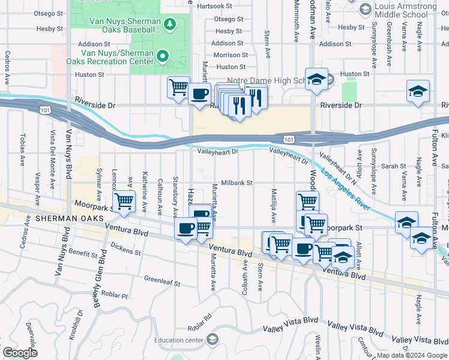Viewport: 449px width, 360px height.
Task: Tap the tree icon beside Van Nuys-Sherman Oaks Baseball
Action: [170, 23]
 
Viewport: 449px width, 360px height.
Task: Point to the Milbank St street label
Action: [237, 182]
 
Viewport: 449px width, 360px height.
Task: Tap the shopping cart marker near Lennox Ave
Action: [124, 202]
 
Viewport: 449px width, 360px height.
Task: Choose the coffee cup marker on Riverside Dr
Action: [199, 94]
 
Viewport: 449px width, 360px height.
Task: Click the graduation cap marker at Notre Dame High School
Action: [316, 79]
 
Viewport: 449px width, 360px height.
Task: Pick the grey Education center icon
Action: [212, 340]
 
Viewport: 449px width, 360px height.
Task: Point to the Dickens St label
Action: [126, 248]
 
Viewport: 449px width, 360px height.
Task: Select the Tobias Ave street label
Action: [22, 149]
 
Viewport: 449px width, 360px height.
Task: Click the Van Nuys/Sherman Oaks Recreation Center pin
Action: [163, 56]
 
